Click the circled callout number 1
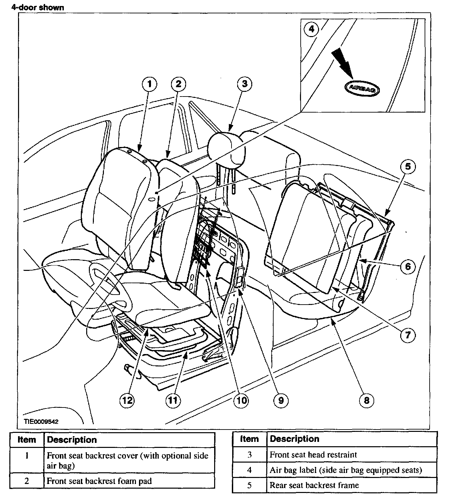[149, 84]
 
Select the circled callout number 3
[245, 84]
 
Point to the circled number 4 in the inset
[311, 29]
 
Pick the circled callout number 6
[408, 266]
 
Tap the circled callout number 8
[366, 400]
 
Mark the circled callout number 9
[281, 400]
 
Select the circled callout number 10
[241, 400]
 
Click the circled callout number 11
[173, 400]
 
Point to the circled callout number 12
[127, 400]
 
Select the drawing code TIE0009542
[41, 422]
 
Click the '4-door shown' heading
[37, 7]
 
